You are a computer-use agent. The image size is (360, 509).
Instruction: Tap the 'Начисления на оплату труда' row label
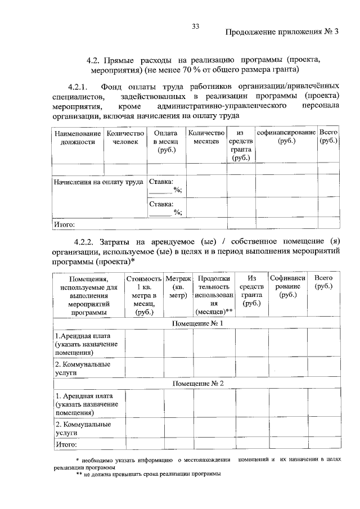pyautogui.click(x=98, y=182)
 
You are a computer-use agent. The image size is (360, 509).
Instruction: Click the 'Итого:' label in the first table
pyautogui.click(x=64, y=225)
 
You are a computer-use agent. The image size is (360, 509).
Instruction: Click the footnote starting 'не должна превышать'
pyautogui.click(x=152, y=474)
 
